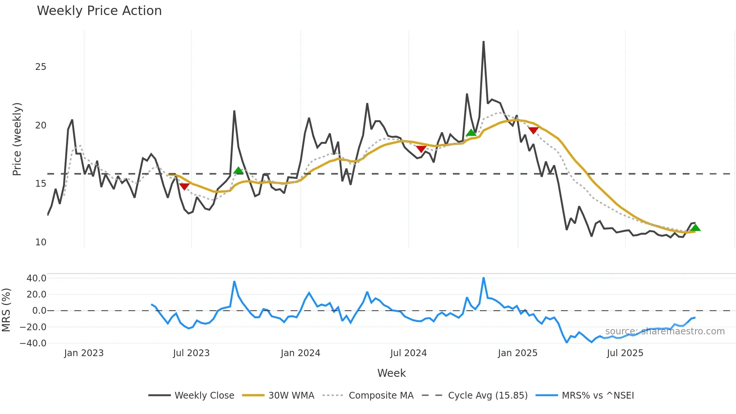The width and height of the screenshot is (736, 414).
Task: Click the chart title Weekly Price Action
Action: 99,11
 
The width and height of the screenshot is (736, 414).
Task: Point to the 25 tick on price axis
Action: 41,67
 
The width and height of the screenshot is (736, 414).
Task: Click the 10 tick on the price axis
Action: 41,242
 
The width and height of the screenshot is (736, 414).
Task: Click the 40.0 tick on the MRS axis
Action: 36,278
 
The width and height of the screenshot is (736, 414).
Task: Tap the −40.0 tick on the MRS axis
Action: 33,343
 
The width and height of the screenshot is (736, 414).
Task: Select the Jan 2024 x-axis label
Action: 300,353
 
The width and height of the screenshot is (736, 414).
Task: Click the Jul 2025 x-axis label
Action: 625,353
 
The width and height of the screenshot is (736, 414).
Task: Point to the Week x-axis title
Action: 391,373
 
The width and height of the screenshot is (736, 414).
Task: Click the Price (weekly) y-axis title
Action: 17,139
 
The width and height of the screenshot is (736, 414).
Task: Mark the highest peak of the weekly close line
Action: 483,42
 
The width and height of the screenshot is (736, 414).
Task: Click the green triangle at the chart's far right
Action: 695,228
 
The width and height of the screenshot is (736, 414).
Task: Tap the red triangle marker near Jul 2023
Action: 184,186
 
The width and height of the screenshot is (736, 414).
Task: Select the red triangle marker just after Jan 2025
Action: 533,130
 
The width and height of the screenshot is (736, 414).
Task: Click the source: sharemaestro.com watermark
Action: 665,331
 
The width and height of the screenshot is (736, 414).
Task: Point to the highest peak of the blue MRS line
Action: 483,278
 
